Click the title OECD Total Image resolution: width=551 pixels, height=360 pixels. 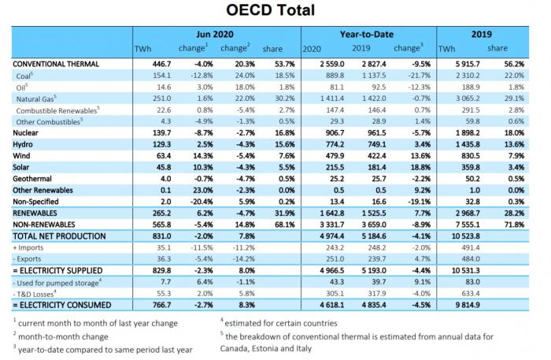pyautogui.click(x=270, y=9)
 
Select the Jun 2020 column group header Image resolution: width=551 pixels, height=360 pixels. pyautogui.click(x=215, y=34)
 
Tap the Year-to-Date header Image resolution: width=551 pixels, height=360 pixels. pyautogui.click(x=367, y=34)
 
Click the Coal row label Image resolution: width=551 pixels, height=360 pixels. pyautogui.click(x=24, y=76)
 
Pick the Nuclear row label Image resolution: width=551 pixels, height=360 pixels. pyautogui.click(x=25, y=133)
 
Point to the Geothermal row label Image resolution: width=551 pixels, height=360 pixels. pyautogui.click(x=32, y=179)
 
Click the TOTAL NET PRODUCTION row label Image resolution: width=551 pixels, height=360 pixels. pyautogui.click(x=59, y=236)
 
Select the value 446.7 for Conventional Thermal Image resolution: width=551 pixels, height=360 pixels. pyautogui.click(x=161, y=64)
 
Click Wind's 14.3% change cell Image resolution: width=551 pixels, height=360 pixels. pyautogui.click(x=203, y=156)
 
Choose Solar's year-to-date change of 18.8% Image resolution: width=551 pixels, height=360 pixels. pyautogui.click(x=420, y=167)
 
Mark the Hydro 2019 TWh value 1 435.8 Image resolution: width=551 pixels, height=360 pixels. pyautogui.click(x=468, y=144)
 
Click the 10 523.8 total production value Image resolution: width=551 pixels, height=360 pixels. pyautogui.click(x=466, y=236)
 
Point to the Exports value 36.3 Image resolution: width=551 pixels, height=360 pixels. pyautogui.click(x=164, y=258)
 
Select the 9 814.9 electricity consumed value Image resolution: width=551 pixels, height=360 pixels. pyautogui.click(x=468, y=305)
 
